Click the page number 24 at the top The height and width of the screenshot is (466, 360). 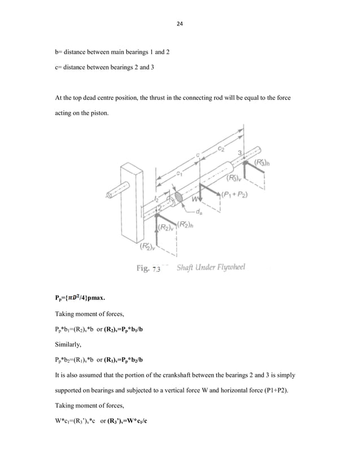180,24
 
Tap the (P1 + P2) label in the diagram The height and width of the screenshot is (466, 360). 234,195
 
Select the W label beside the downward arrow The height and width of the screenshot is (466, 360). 195,199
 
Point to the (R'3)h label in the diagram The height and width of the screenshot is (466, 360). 261,162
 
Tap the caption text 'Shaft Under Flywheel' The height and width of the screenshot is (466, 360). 212,269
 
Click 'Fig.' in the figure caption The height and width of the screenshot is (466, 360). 142,269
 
